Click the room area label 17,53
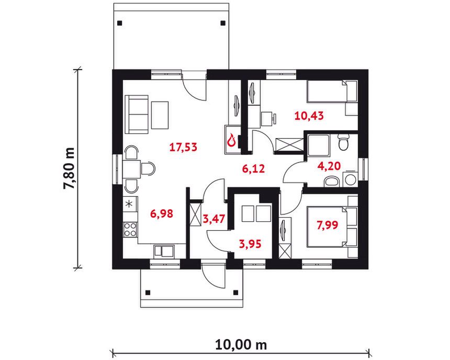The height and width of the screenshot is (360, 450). click(183, 147)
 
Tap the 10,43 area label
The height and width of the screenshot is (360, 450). click(309, 116)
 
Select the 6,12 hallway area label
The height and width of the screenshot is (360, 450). click(253, 169)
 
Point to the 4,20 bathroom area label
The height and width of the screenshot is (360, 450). click(329, 166)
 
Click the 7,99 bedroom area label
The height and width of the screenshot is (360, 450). click(327, 226)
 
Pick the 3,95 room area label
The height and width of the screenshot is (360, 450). click(250, 244)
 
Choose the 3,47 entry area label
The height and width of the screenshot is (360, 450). click(214, 219)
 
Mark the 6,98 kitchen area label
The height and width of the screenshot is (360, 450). click(162, 213)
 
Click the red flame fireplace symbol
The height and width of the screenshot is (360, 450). click(231, 141)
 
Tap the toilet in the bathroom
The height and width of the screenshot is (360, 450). click(343, 142)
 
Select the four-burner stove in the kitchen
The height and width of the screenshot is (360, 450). click(130, 229)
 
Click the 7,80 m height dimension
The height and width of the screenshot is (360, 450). click(69, 168)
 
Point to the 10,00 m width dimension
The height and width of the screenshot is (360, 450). click(241, 344)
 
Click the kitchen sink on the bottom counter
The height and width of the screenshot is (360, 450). click(164, 251)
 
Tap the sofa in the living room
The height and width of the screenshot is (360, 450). click(137, 115)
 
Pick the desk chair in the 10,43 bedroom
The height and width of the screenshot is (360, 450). click(269, 119)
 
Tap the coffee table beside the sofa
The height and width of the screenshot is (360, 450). click(160, 115)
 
